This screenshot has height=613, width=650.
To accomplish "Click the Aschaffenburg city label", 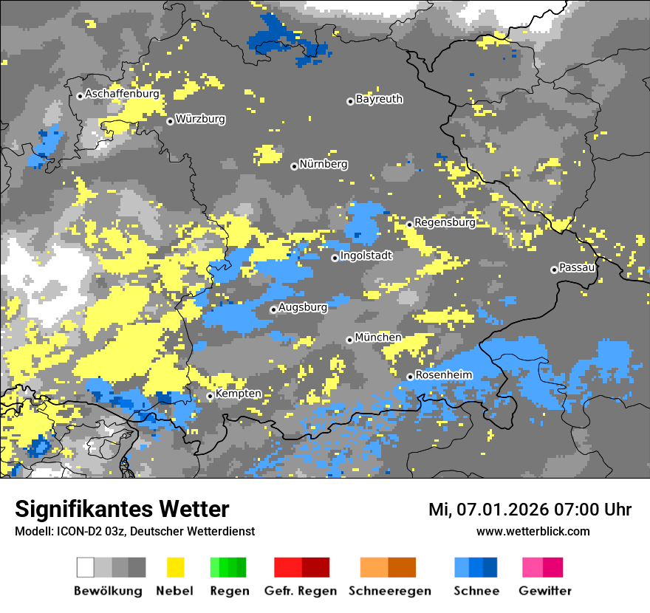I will coord(122,95).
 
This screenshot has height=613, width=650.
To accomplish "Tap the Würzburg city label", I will coord(200,119).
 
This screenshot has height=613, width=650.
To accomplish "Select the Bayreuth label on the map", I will coord(379,99).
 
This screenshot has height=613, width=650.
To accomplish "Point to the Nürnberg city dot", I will coord(294,166).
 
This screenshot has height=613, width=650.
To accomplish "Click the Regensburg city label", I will coord(445,222).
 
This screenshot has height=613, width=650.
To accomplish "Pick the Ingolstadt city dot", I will coord(335,258).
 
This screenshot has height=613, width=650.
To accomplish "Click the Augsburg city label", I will coord(303,308).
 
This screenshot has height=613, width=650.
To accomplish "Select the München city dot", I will coord(349,340).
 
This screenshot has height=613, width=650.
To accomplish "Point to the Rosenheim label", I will coord(443,375).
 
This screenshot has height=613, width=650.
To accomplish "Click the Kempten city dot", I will coord(210,397).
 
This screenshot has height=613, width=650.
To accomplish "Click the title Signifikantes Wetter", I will coord(122,509).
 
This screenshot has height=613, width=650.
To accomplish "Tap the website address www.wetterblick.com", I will coord(533,531).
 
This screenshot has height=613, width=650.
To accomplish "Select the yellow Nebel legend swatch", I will coord(175,567).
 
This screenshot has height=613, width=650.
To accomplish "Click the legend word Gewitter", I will coord(545,591).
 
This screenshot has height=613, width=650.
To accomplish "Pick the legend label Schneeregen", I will coord(390,591).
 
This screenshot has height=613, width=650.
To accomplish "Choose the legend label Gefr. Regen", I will coord(301,591).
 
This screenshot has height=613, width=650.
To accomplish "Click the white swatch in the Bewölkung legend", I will coord(85,567).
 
